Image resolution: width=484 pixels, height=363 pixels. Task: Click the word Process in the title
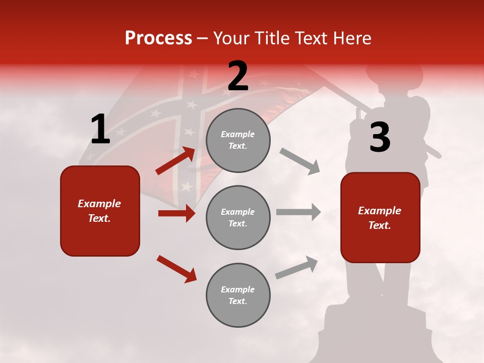click(x=158, y=38)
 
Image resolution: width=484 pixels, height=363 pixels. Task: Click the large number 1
click(x=100, y=130)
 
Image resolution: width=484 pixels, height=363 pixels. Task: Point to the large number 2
click(x=237, y=76)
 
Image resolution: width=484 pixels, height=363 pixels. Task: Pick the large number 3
click(x=380, y=137)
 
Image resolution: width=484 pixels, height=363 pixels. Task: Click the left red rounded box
click(x=100, y=211)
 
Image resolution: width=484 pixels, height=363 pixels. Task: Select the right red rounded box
click(x=380, y=217)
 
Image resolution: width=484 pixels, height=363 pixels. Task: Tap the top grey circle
click(x=238, y=140)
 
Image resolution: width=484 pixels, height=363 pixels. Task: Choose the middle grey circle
click(x=238, y=217)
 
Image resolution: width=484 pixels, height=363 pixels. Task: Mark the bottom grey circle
click(x=238, y=295)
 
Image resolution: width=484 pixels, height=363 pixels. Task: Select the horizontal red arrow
click(x=176, y=213)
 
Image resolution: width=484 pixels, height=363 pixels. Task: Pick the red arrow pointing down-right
click(x=176, y=269)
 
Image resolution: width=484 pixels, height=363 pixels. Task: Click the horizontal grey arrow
click(x=298, y=212)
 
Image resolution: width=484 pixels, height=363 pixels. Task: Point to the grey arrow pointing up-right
click(x=296, y=267)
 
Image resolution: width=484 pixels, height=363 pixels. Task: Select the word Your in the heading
click(x=231, y=38)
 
